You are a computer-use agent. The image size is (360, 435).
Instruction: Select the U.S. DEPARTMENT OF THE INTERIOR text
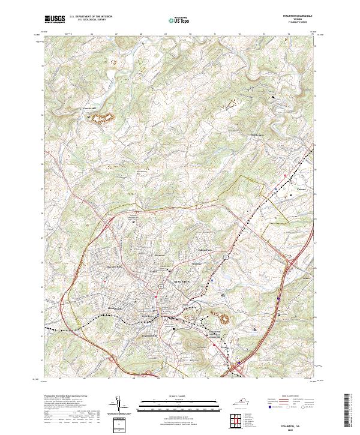pos(91,17)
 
